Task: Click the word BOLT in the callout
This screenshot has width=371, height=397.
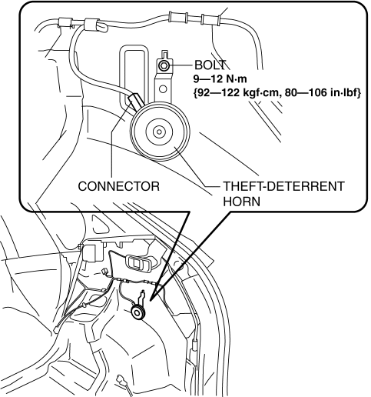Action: pos(210,65)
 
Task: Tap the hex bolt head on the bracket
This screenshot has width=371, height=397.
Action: pos(163,65)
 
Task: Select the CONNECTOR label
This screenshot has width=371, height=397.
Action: pos(118,186)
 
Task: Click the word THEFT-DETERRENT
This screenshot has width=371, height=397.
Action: pos(284,186)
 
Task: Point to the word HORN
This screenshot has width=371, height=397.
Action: pos(241,202)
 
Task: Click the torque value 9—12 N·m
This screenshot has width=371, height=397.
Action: pos(220,78)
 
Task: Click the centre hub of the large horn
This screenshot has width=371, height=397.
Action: pos(159,132)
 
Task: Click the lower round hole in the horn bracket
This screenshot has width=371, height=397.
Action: pos(163,89)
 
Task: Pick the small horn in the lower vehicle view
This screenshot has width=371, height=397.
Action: pos(138,312)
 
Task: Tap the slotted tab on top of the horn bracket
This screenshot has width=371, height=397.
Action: pos(164,55)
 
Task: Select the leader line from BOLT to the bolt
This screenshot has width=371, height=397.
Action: pos(181,65)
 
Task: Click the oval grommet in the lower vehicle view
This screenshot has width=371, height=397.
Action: pos(139,263)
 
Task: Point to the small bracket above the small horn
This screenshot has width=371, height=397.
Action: pos(141,297)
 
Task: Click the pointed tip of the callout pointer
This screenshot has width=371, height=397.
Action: pos(151,300)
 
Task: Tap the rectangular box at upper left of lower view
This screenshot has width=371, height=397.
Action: pos(93,252)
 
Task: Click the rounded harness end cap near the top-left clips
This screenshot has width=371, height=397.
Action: pos(102,27)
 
